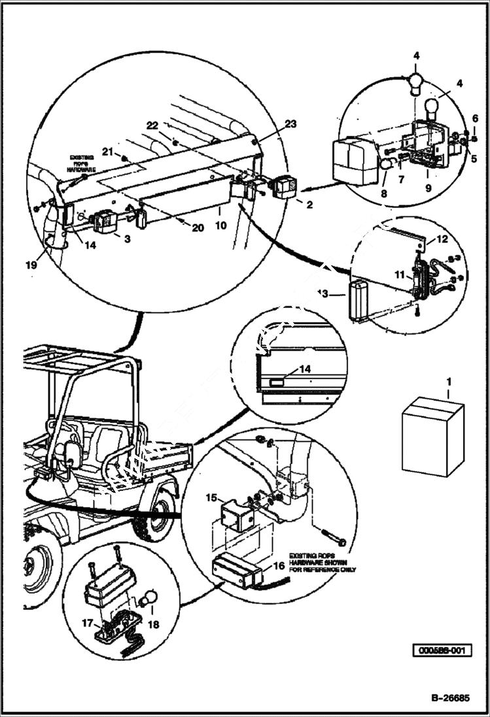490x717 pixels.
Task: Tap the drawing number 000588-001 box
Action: (x=442, y=651)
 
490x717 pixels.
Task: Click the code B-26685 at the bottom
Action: (x=449, y=697)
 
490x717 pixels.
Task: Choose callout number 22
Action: (x=152, y=125)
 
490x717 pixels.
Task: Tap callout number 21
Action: (x=107, y=152)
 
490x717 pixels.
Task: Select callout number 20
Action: (x=197, y=227)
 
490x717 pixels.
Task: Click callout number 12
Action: (x=443, y=239)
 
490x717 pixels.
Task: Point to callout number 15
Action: (x=211, y=497)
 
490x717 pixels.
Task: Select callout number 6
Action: (x=475, y=118)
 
